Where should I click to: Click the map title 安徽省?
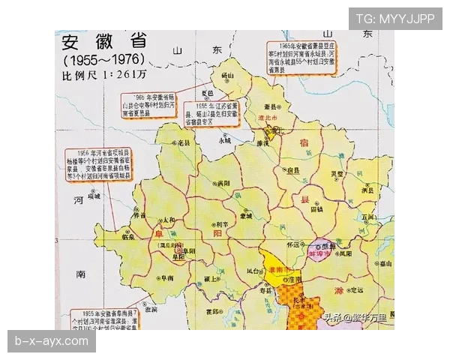[x=104, y=41]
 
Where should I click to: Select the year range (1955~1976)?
[x=103, y=58]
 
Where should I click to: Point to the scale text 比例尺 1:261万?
[x=104, y=75]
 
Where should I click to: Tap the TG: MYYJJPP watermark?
[x=395, y=19]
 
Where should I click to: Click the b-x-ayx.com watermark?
[x=51, y=341]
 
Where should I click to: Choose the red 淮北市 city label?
[x=268, y=118]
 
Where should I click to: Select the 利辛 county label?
[x=221, y=225]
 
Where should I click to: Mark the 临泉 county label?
[x=129, y=237]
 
